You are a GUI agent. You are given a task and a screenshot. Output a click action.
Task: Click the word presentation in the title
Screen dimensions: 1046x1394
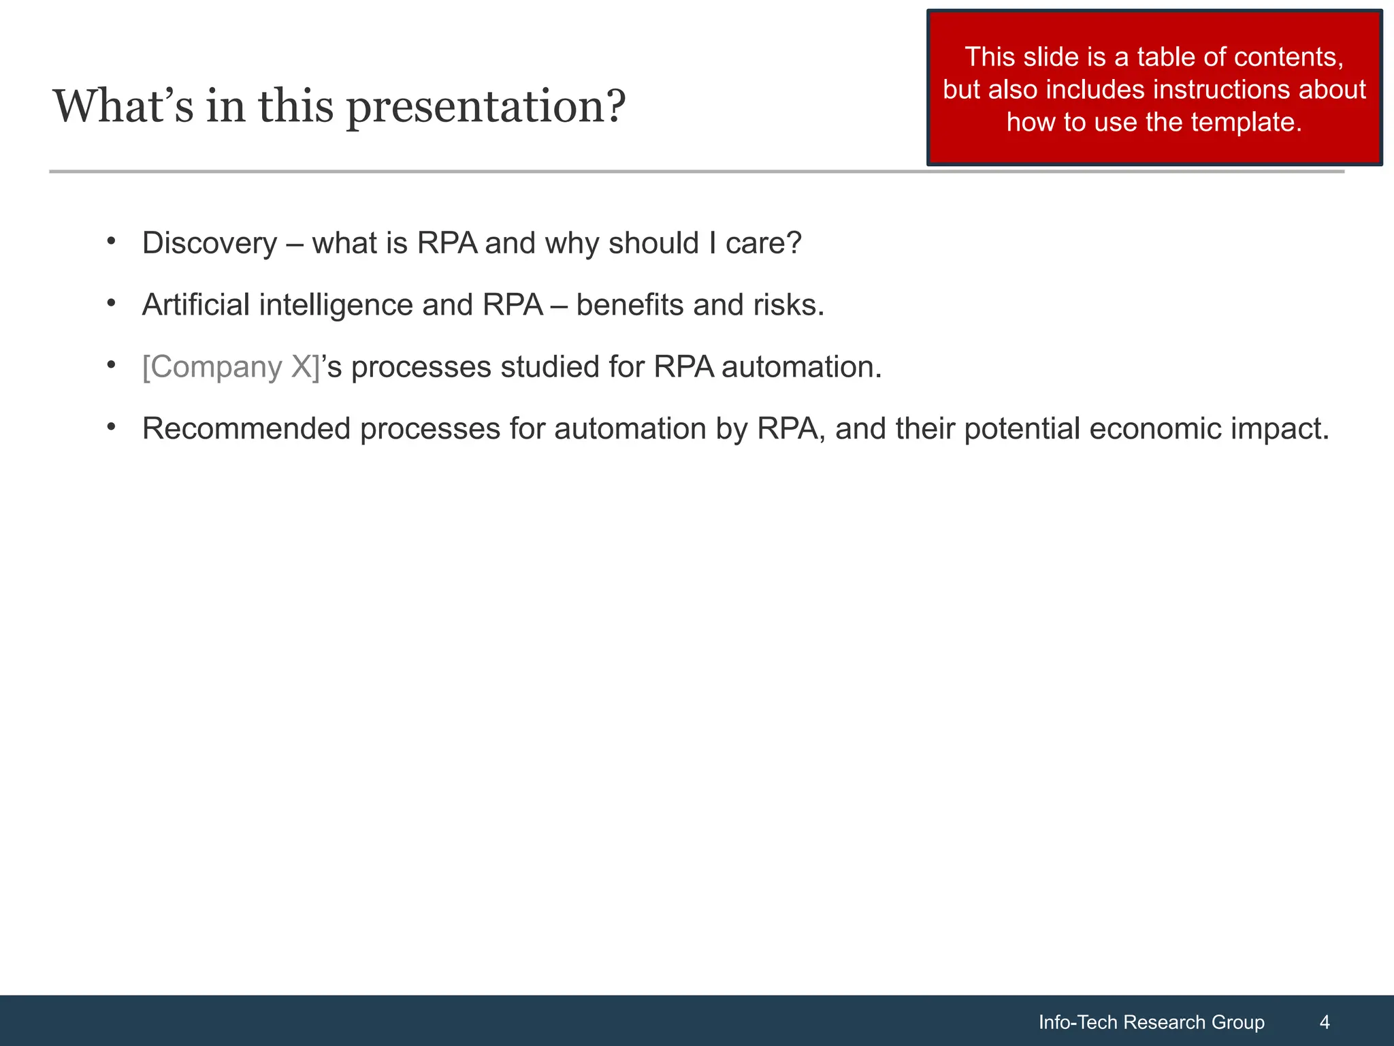tap(485, 107)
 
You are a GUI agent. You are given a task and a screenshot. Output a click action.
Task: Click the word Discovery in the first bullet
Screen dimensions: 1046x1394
tap(210, 244)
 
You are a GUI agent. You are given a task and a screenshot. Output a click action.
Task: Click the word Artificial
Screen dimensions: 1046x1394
tap(196, 305)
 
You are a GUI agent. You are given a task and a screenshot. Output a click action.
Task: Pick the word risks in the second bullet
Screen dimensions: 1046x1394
tap(788, 305)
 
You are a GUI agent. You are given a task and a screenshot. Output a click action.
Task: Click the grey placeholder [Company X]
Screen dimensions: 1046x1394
tap(231, 367)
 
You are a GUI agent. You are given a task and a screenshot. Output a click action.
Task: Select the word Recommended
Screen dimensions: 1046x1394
tap(246, 429)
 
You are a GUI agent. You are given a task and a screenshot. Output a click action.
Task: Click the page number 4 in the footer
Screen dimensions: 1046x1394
tap(1324, 1021)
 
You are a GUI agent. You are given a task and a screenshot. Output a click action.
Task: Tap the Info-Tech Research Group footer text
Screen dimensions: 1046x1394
tap(1151, 1021)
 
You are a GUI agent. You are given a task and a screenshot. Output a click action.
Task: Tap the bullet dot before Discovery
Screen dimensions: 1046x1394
tap(111, 241)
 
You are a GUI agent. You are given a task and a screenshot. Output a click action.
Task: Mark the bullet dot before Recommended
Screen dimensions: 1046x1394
tap(111, 426)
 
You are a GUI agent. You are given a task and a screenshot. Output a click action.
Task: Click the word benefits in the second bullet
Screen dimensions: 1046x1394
tap(630, 305)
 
